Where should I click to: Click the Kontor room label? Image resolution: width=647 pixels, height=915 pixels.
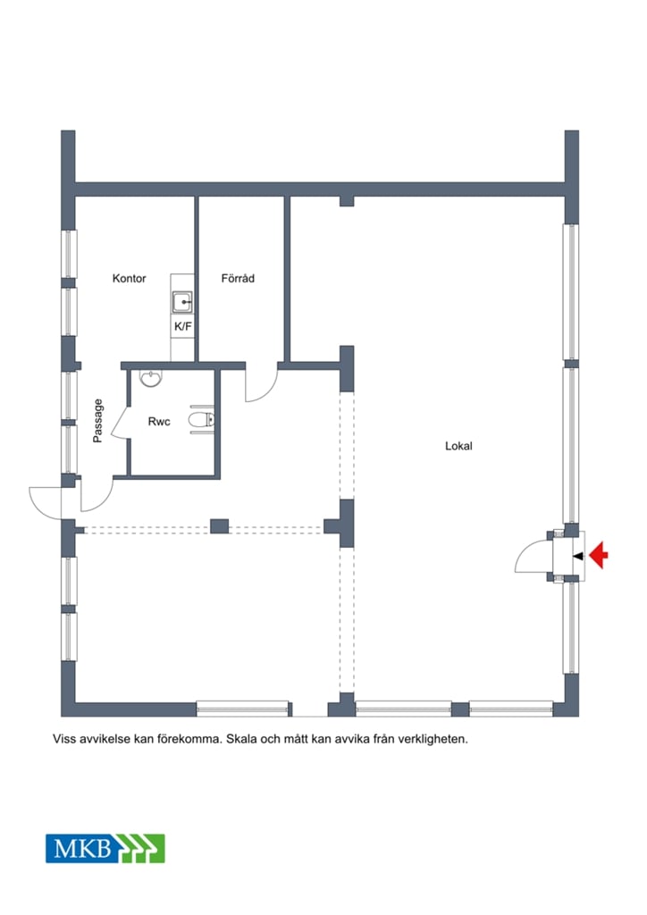129,279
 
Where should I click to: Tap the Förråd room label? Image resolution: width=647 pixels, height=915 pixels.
238,279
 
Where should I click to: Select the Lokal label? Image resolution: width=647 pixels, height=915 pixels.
458,446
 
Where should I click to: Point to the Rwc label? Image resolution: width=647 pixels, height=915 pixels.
159,422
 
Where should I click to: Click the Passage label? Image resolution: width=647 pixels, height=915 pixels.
98,421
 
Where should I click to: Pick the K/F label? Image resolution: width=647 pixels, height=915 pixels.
183,326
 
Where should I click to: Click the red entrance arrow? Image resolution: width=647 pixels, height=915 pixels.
599,556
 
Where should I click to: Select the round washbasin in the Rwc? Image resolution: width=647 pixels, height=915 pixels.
151,379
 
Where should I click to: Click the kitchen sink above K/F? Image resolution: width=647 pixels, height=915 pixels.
182,302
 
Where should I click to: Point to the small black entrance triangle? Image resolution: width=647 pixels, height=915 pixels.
578,556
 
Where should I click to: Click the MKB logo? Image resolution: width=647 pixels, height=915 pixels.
105,849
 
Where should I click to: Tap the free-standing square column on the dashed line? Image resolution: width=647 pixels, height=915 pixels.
219,526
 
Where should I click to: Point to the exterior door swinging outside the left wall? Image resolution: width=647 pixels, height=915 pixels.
46,503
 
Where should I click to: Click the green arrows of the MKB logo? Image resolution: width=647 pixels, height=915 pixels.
140,849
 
